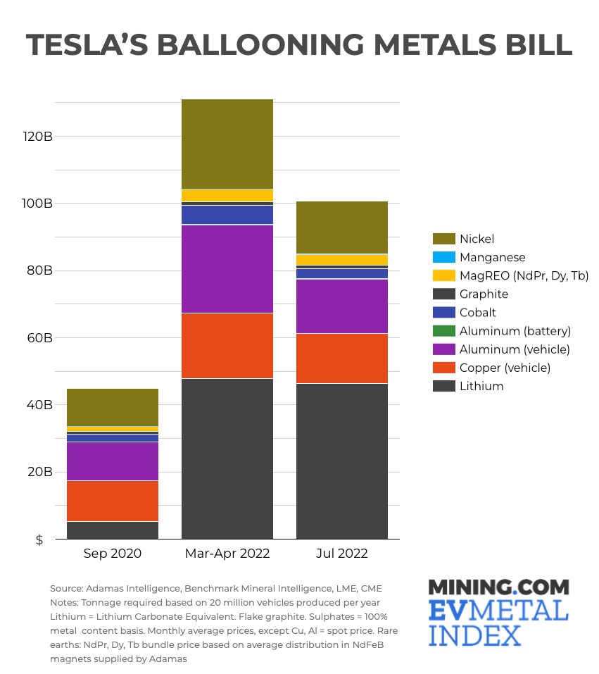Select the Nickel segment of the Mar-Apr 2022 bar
coord(227,144)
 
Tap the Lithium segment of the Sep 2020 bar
coord(113,530)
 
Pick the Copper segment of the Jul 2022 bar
coord(341,358)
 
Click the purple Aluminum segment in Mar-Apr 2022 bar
coord(227,268)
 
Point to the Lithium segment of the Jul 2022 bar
coord(341,461)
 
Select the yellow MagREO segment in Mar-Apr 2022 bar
coord(227,195)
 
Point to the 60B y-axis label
coord(39,337)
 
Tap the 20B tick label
coord(39,472)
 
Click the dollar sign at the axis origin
coord(39,539)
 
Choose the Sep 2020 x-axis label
coord(113,554)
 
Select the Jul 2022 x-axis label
coord(341,554)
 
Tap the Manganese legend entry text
coord(492,258)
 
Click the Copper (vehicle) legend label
coord(505,368)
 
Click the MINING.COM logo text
coord(498,587)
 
